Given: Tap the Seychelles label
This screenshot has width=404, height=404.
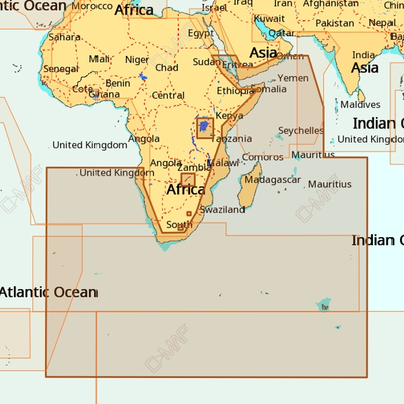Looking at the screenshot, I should (x=301, y=131).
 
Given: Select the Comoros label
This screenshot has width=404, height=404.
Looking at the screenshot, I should (x=258, y=157).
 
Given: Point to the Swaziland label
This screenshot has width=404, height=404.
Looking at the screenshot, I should (x=222, y=209).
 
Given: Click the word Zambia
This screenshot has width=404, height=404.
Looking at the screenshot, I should (x=193, y=168).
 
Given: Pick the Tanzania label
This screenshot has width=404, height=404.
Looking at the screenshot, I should (x=233, y=139).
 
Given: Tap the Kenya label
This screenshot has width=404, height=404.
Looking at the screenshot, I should (x=230, y=116).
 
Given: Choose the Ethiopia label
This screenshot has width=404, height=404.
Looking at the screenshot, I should (x=234, y=91).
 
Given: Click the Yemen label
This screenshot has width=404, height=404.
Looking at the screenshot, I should (x=294, y=78).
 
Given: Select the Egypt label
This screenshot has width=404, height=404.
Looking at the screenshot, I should (x=201, y=34).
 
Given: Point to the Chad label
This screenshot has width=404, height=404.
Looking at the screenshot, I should (x=167, y=67).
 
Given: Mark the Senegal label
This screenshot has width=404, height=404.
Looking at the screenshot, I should (x=61, y=69).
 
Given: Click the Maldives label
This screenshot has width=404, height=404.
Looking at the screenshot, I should (x=360, y=104).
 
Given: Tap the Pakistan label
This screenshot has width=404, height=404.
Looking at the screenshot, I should (x=335, y=23).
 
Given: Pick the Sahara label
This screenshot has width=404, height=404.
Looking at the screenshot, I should (x=65, y=37).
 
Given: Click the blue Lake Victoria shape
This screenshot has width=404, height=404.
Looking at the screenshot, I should (x=204, y=126).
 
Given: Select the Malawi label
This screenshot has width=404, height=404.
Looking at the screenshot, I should (x=224, y=163).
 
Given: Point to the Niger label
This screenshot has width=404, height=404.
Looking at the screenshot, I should (x=137, y=60).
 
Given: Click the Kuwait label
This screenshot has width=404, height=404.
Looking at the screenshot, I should (x=269, y=18).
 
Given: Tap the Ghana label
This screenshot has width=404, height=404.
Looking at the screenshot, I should (x=104, y=94).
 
